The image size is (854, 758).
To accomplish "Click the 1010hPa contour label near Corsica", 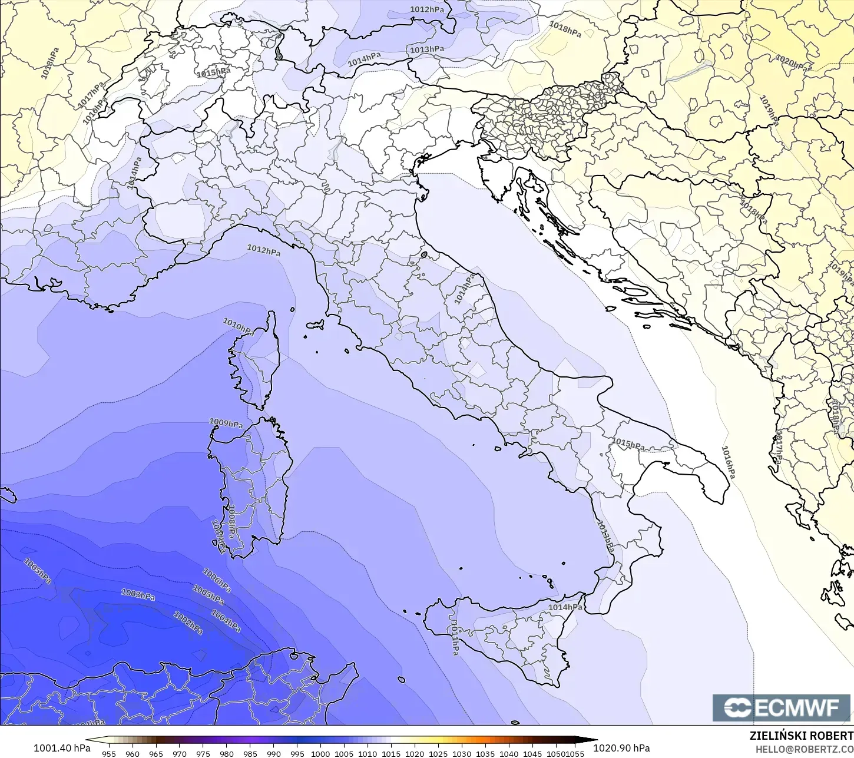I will pos(239,326).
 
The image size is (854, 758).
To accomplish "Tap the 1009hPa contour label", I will pos(226,423).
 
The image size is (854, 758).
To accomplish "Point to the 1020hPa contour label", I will pos(793,63).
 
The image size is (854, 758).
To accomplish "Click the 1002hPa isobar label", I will pos(188,623).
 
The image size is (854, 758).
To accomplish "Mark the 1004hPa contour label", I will pos(226,621).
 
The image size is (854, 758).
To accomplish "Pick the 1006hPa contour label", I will pos(216,580).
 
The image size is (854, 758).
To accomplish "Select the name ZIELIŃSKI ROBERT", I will pos(801,736).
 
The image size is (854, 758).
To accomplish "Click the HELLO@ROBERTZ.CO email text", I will pos(805,749).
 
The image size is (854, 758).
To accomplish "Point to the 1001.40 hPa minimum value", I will pos(62,748).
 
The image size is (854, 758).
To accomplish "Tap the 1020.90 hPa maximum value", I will pos(621,748).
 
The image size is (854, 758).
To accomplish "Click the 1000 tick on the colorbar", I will pos(320,753).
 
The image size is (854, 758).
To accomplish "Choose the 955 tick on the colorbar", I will pos(109,753).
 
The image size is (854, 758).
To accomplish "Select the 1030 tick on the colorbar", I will pos(462,753).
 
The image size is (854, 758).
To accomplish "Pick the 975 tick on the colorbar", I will pos(203,753).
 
